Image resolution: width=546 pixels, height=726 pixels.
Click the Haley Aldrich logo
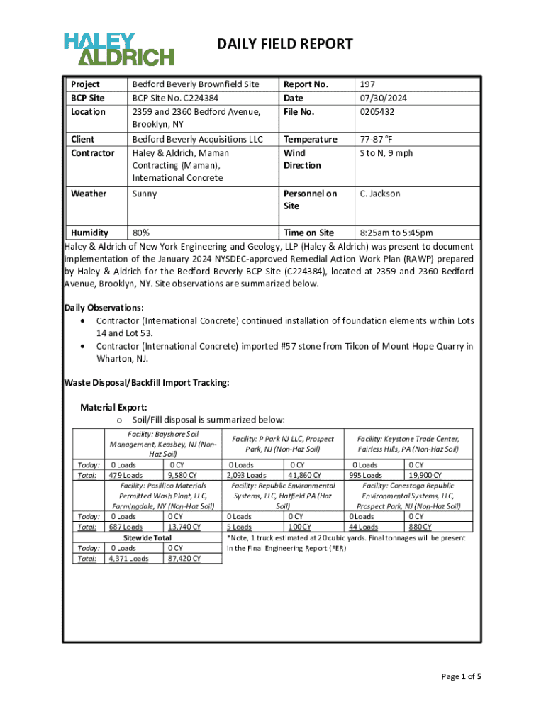pos(118,49)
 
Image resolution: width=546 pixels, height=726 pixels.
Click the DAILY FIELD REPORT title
pos(284,45)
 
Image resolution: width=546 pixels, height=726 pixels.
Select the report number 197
pos(367,84)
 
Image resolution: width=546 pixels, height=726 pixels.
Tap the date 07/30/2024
pos(383,98)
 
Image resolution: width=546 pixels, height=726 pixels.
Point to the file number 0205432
pos(377,112)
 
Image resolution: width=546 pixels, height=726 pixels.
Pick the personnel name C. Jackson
pos(380,194)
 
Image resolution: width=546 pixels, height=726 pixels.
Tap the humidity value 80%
pos(140,233)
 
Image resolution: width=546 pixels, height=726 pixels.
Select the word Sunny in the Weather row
pos(145,194)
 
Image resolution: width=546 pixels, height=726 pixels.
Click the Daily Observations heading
pos(104,307)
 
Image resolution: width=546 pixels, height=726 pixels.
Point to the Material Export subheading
pos(114,407)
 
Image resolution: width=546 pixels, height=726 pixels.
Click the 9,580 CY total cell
pos(182,475)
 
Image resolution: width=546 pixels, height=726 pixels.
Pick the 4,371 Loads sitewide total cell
pos(128,559)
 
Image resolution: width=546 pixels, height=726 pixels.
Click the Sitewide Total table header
pos(143,538)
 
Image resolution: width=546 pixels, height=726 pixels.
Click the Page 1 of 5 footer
pos(462,676)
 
